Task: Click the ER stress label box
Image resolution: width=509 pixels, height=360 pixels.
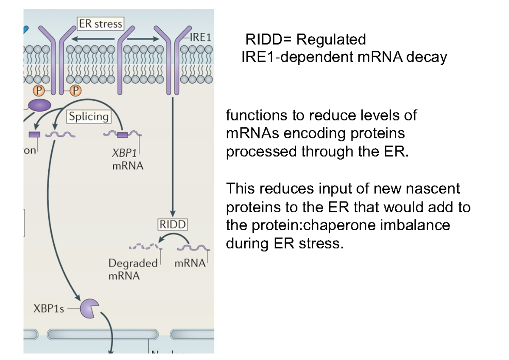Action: pyautogui.click(x=101, y=23)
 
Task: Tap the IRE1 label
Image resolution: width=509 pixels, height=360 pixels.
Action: pyautogui.click(x=200, y=37)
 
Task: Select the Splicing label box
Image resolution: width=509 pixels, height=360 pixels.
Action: pyautogui.click(x=89, y=117)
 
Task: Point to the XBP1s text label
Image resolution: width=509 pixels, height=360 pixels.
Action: pyautogui.click(x=49, y=309)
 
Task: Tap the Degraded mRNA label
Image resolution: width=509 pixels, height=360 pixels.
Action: pyautogui.click(x=132, y=269)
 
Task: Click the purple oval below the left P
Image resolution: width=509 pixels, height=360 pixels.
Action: pyautogui.click(x=39, y=105)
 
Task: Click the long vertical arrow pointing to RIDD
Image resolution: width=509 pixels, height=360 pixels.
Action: pyautogui.click(x=173, y=157)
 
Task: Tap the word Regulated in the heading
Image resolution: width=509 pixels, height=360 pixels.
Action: pyautogui.click(x=331, y=39)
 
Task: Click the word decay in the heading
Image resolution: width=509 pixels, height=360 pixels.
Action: pyautogui.click(x=426, y=56)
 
